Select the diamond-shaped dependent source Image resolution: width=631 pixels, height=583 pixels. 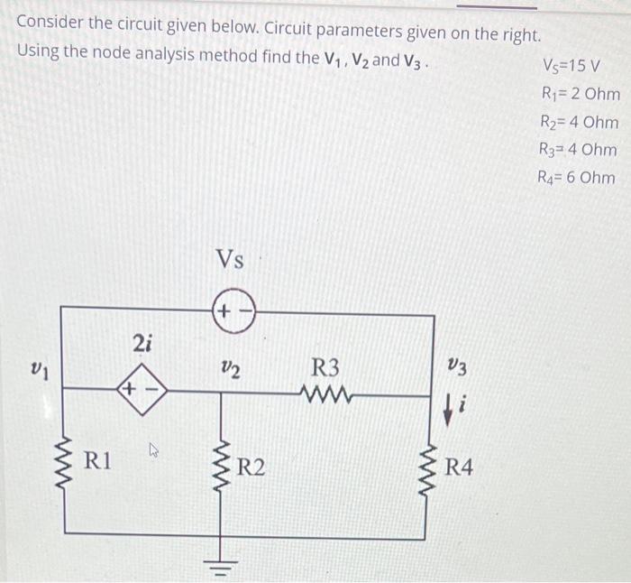click(144, 391)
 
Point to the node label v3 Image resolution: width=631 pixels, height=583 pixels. click(456, 367)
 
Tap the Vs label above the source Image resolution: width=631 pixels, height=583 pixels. click(230, 260)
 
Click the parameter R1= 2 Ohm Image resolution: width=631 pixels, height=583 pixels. click(581, 93)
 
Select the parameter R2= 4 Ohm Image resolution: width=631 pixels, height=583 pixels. click(580, 121)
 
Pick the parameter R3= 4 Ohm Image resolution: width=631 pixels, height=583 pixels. click(579, 149)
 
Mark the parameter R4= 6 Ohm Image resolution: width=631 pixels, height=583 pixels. click(578, 177)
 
